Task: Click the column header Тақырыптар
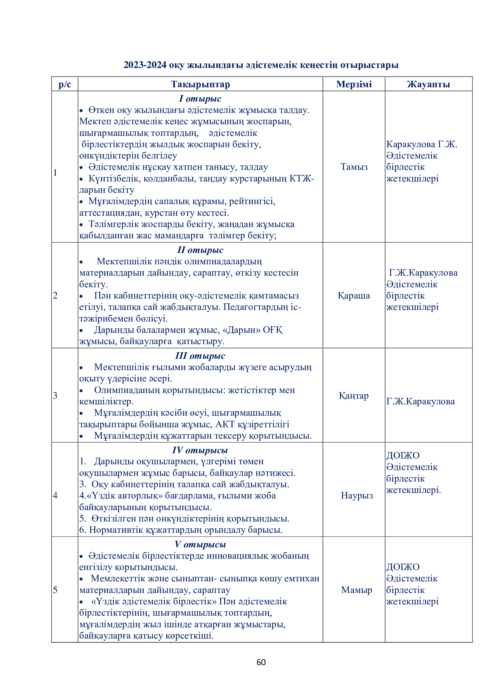tap(200, 84)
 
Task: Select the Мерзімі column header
tap(354, 84)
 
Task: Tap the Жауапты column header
tap(428, 84)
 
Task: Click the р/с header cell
tap(65, 84)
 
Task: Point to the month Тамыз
tap(354, 167)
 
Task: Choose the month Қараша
tap(354, 295)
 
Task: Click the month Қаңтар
tap(354, 395)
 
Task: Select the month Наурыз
tap(357, 496)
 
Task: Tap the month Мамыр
tap(356, 590)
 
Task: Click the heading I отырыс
tap(200, 99)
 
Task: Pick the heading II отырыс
tap(200, 250)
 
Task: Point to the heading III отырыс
tap(200, 356)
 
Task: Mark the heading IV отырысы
tap(200, 450)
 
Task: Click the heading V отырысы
tap(200, 544)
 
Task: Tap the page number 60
tap(261, 662)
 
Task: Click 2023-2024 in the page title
tap(145, 65)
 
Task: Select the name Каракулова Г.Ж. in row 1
tap(421, 144)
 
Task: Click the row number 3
tap(55, 395)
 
